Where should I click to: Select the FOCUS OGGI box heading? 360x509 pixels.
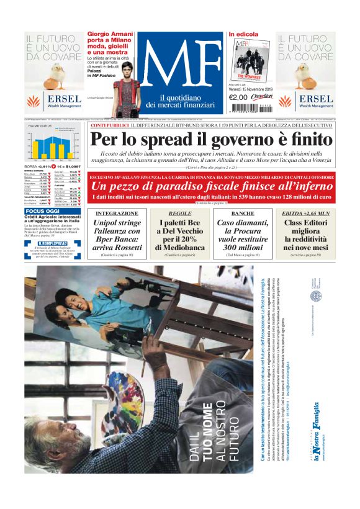(x=43, y=211)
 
